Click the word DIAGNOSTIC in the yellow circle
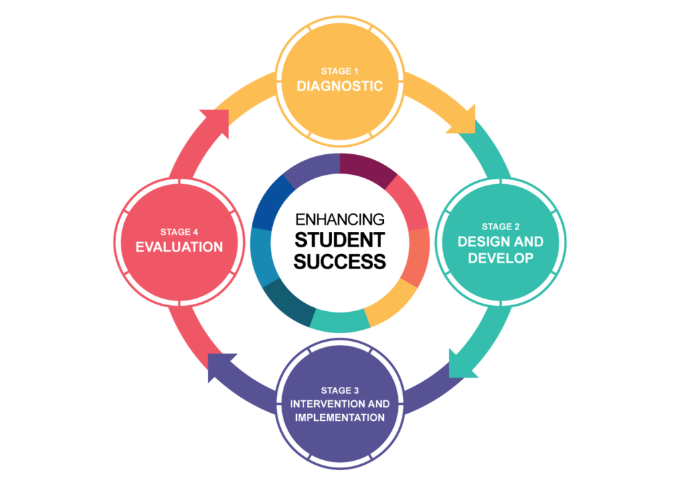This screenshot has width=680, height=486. [x=339, y=86]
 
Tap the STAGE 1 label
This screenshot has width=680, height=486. [x=339, y=70]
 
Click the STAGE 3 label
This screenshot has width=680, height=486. [x=339, y=390]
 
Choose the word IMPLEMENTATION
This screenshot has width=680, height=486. [x=339, y=418]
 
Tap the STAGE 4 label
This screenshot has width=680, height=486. [x=179, y=232]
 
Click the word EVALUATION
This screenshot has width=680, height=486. [x=179, y=247]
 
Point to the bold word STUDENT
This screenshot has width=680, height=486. [x=339, y=239]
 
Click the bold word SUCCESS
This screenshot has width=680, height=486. [x=339, y=261]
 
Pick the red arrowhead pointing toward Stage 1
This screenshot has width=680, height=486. [x=218, y=120]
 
